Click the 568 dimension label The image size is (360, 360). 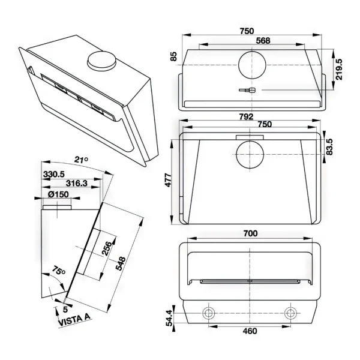click(x=263, y=41)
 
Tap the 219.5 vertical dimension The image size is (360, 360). click(x=339, y=70)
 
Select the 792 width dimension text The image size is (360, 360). click(x=246, y=116)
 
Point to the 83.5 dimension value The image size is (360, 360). click(x=329, y=147)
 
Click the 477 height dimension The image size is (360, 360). click(x=169, y=180)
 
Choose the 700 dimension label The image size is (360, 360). click(x=250, y=233)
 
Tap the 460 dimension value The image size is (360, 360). click(x=250, y=331)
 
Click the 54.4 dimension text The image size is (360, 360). click(x=169, y=318)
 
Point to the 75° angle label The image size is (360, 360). click(x=58, y=270)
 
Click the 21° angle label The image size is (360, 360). click(x=81, y=160)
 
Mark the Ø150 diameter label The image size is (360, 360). click(x=58, y=194)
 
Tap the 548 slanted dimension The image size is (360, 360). click(x=121, y=263)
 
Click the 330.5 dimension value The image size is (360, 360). click(x=54, y=174)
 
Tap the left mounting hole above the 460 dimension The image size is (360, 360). click(x=208, y=313)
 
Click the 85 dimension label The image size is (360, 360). click(x=174, y=56)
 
